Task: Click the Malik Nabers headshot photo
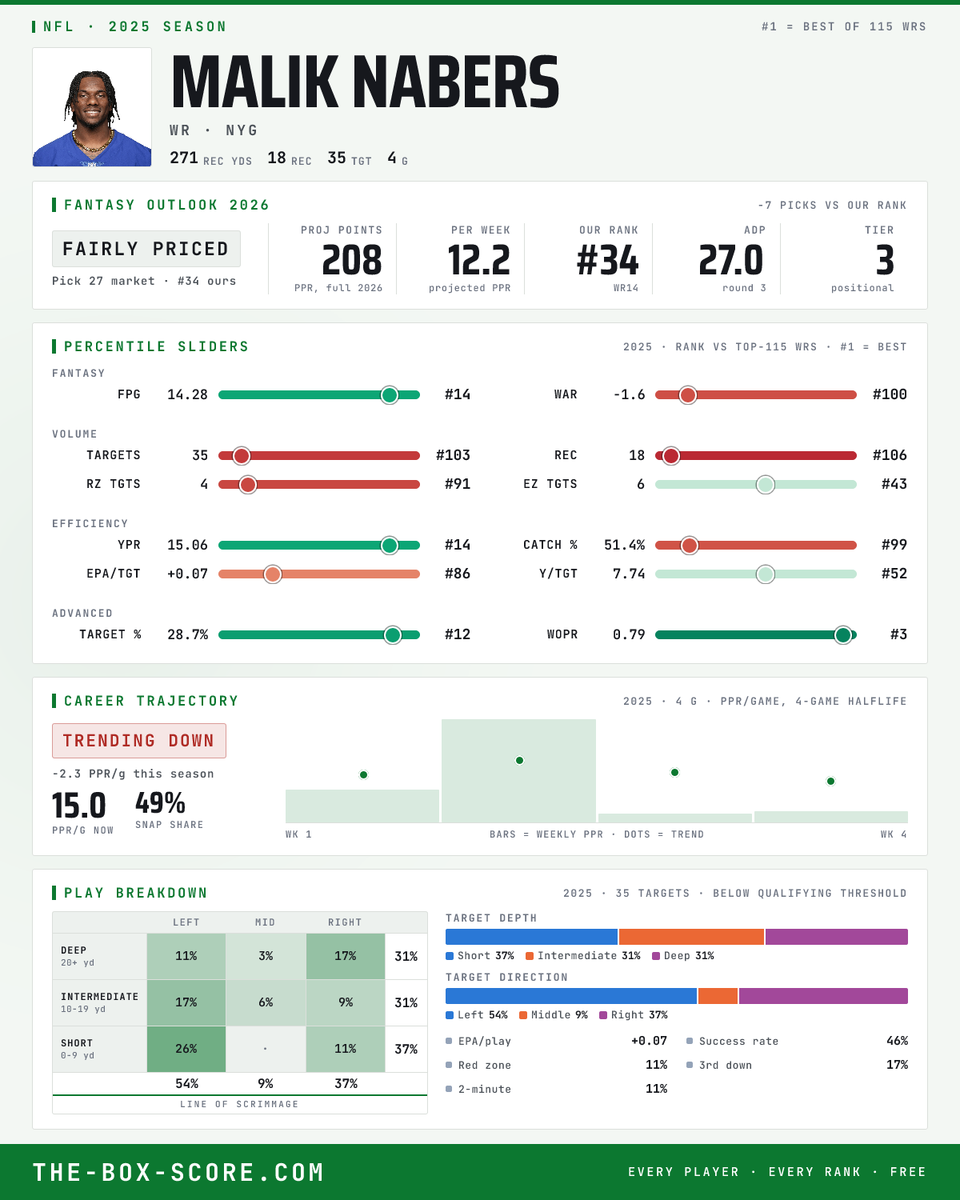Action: click(92, 107)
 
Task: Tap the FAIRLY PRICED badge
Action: click(146, 249)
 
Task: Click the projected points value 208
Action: click(352, 261)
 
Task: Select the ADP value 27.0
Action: click(730, 261)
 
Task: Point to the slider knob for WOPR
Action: click(843, 634)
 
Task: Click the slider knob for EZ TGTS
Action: click(766, 485)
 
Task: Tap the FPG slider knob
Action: click(390, 394)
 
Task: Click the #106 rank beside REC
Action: click(890, 455)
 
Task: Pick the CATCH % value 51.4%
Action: click(624, 545)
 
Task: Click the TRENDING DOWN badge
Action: click(139, 741)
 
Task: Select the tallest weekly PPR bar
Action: click(518, 770)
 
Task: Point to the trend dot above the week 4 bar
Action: click(830, 782)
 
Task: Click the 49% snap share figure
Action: click(160, 803)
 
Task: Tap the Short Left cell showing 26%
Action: click(186, 1049)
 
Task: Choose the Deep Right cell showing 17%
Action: click(346, 956)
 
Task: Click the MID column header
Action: click(266, 922)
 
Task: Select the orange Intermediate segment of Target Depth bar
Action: click(691, 937)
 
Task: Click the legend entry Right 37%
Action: click(633, 1015)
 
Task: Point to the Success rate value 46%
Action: click(897, 1041)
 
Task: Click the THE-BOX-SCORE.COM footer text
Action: click(178, 1172)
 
